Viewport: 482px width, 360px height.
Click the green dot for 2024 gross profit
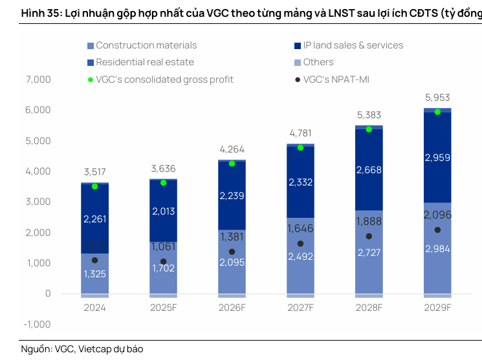click(x=94, y=186)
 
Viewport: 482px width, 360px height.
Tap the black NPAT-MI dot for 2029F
click(x=437, y=230)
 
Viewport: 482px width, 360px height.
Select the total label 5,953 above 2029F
click(x=437, y=98)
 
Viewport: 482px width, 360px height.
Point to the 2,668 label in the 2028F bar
click(x=369, y=170)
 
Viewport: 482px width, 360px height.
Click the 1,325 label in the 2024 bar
click(x=94, y=274)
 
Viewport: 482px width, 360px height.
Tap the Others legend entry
click(x=318, y=62)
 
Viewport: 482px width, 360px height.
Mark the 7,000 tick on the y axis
click(x=38, y=79)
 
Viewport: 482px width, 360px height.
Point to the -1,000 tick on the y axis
click(x=38, y=324)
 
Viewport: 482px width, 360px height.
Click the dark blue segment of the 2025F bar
click(x=163, y=210)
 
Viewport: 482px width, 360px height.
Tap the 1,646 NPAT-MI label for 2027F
click(x=300, y=228)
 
